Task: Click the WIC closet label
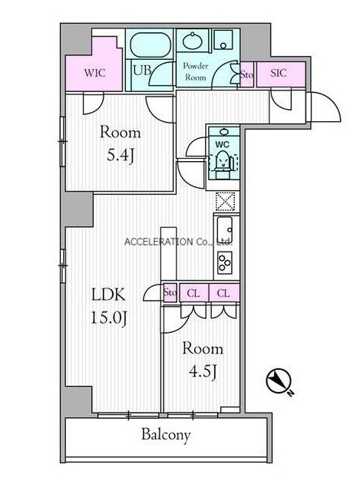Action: coord(94,73)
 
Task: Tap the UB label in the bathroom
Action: coord(141,71)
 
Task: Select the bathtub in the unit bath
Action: coord(150,44)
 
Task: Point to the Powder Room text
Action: coord(195,71)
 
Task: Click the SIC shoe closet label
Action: coord(278,73)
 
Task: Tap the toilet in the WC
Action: coord(223,162)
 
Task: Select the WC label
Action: coord(222,144)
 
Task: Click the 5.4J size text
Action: coord(121,156)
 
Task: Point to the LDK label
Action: coord(108,295)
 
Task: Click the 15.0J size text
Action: coord(108,318)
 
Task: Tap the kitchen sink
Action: coord(225,230)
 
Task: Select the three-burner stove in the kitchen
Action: coord(225,263)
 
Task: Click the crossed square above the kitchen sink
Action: coord(225,201)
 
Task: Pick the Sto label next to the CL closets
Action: coord(170,291)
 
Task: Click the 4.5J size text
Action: coord(203,371)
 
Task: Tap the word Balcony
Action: coord(166,435)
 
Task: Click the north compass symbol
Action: coord(278,381)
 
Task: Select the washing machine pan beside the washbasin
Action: coord(223,40)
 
